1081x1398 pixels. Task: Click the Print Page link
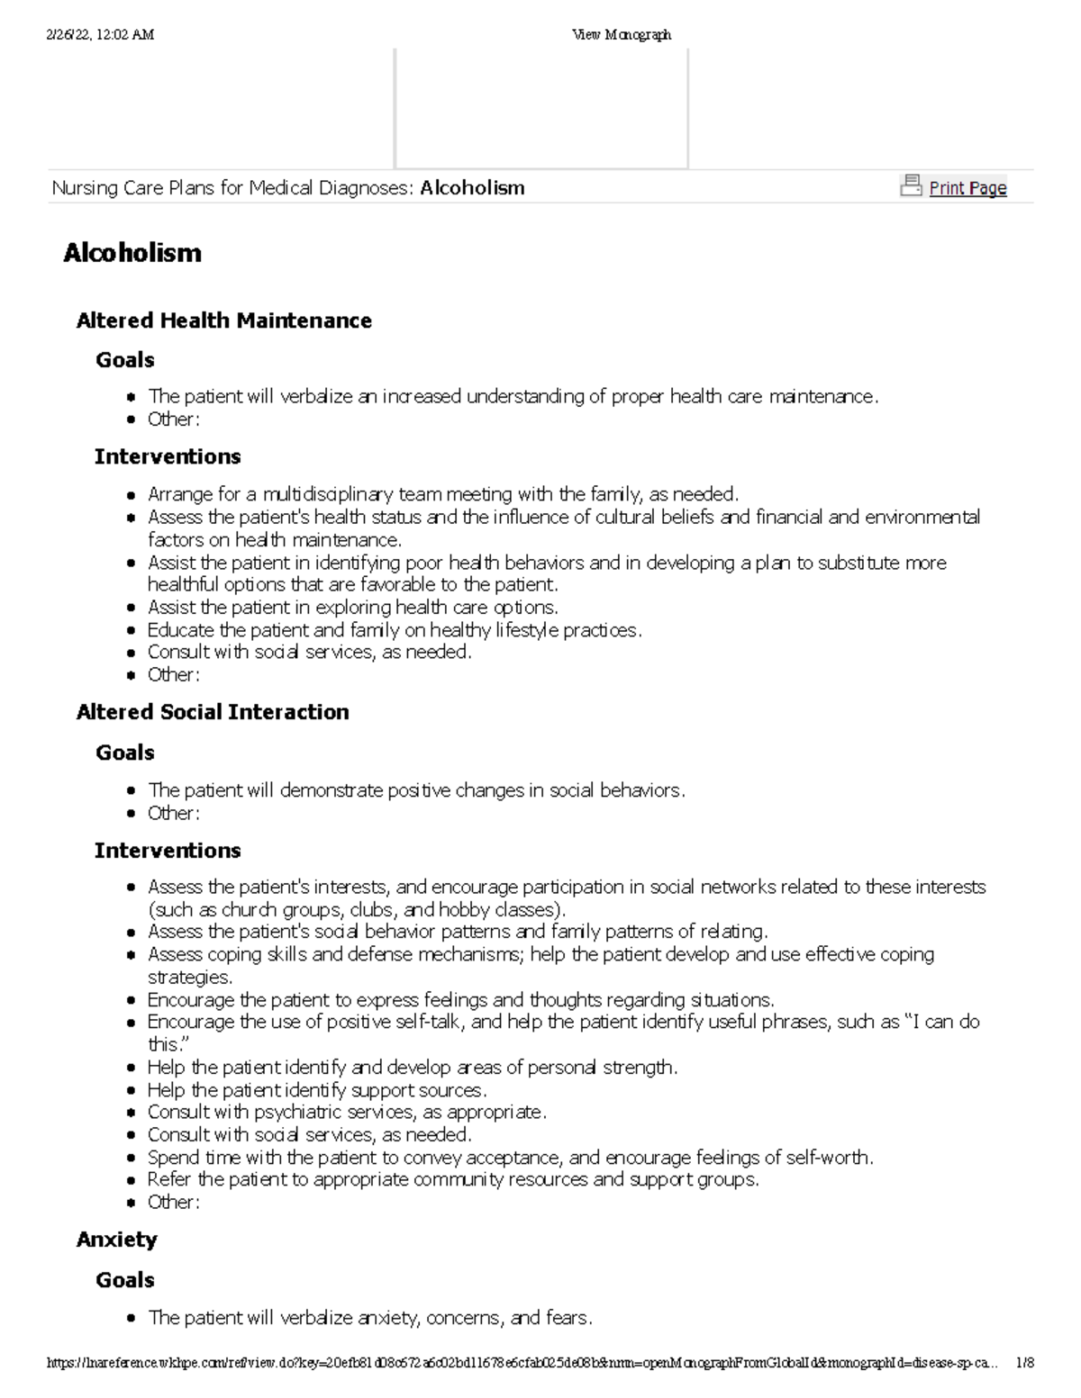967,188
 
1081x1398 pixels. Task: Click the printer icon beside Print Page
911,185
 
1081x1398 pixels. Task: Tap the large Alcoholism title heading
132,253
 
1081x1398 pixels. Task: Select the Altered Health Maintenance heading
224,320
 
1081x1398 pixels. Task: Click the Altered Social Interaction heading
213,712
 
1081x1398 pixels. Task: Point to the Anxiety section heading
117,1240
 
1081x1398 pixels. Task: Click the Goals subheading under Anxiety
125,1279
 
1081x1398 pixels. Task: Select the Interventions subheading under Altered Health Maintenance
168,456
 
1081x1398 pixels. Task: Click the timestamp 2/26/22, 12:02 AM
100,34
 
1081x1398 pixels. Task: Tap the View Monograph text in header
622,34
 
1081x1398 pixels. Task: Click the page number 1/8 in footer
1023,1363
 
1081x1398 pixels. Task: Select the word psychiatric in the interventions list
300,1112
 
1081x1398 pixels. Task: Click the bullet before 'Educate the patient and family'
132,630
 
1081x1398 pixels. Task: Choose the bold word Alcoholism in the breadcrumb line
472,188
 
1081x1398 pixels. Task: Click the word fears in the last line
568,1318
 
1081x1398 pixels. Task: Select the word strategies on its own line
189,977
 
